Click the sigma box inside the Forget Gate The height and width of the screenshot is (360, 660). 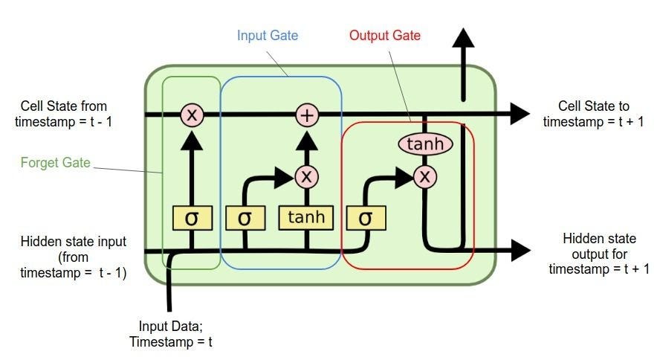tap(192, 218)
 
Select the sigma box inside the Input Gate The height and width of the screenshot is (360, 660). tap(245, 218)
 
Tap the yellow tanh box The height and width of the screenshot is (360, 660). tap(306, 218)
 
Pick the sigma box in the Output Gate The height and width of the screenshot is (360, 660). tap(364, 218)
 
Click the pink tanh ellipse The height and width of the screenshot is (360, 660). tap(425, 144)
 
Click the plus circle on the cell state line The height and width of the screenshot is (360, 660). tap(306, 115)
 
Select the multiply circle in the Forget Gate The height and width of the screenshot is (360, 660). tap(192, 115)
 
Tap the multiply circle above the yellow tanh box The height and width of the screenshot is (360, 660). tap(306, 176)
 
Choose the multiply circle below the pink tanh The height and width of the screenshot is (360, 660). tap(425, 176)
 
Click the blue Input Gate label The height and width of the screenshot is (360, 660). tap(267, 35)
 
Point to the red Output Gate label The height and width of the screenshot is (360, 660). tap(384, 35)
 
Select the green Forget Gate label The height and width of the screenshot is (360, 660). tap(55, 161)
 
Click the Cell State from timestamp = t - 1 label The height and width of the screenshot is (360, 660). tap(66, 114)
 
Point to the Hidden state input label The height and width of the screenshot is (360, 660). tap(73, 257)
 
